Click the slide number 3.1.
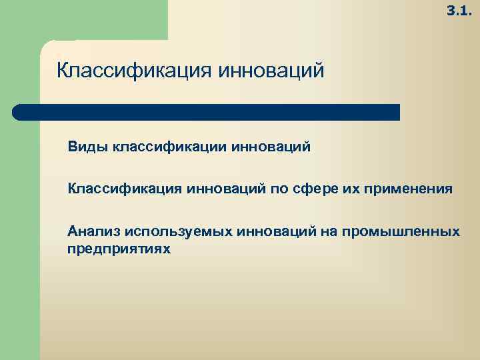point(459,11)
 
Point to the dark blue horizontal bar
point(207,112)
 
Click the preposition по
point(279,189)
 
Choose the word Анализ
point(89,231)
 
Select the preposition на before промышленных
point(328,231)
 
